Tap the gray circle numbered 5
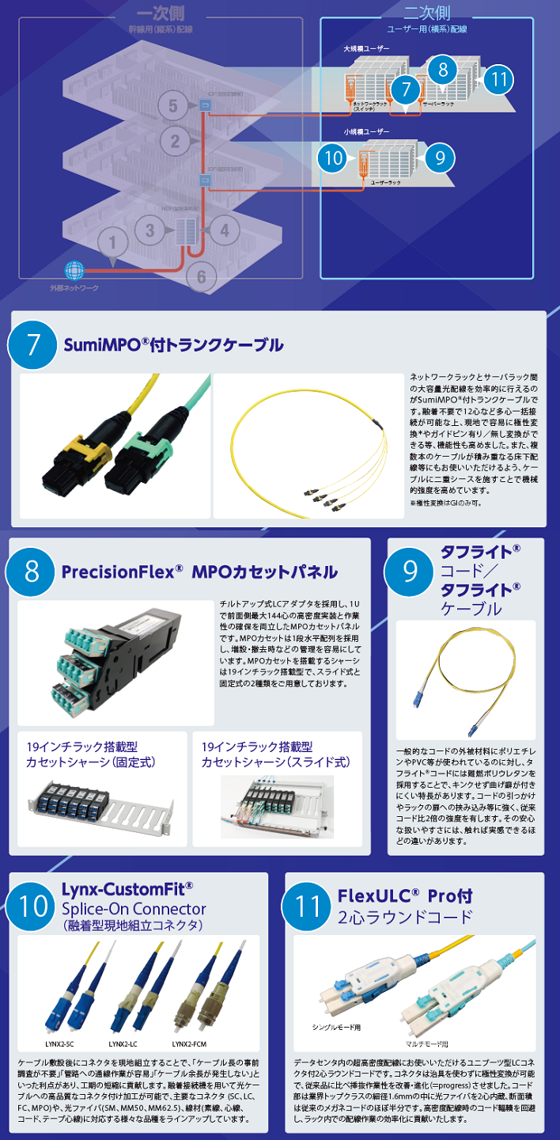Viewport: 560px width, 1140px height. [x=175, y=105]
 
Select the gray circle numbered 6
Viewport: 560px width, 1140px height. [x=202, y=276]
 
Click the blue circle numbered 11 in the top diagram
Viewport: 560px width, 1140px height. [x=498, y=80]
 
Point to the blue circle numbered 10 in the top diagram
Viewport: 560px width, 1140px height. [x=333, y=157]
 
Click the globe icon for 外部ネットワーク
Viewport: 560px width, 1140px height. [x=74, y=270]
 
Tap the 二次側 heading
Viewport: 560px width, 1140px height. [x=426, y=13]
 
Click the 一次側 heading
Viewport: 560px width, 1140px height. [x=161, y=15]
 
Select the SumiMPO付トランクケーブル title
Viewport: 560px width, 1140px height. [x=172, y=345]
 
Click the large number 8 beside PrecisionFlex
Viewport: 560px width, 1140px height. [x=32, y=572]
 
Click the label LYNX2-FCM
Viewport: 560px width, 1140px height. [x=189, y=1043]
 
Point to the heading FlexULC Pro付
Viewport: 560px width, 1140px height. [x=405, y=896]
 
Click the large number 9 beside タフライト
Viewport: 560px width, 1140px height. [x=411, y=572]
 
